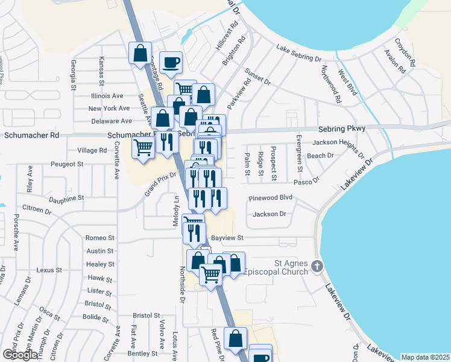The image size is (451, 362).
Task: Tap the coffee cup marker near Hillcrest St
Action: coord(171,62)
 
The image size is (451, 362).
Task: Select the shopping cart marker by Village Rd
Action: coord(143,147)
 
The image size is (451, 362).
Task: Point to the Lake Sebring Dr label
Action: coord(299,53)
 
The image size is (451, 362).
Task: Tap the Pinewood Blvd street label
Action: coord(270,198)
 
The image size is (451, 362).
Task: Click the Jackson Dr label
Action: coord(269,214)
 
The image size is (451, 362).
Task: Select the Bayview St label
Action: coord(227,238)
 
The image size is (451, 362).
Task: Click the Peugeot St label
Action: coord(66,164)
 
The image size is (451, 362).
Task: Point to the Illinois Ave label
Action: coord(107,96)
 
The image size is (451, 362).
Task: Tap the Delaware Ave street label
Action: coord(107,121)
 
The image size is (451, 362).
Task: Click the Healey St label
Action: coord(101,264)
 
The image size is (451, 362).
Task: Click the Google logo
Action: coord(19,355)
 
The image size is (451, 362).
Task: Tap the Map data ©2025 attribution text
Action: coord(424,357)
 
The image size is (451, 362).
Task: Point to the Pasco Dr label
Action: coord(306,181)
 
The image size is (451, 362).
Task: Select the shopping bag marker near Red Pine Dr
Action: coord(236,338)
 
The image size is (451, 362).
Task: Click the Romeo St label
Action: coord(99,238)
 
